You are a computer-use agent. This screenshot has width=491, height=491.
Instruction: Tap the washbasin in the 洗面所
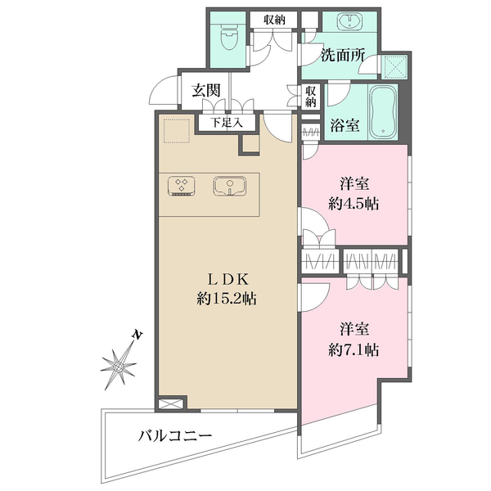pyautogui.click(x=349, y=20)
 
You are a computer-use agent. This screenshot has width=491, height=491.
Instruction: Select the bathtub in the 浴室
pyautogui.click(x=383, y=112)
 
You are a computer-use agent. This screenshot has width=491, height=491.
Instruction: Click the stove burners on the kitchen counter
pyautogui.click(x=182, y=187)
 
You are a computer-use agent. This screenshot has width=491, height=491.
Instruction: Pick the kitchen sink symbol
pyautogui.click(x=229, y=187)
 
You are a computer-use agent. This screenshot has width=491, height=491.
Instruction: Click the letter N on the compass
pyautogui.click(x=137, y=335)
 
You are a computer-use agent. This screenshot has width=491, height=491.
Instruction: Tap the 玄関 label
pyautogui.click(x=206, y=91)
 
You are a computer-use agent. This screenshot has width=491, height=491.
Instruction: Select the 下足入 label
pyautogui.click(x=227, y=123)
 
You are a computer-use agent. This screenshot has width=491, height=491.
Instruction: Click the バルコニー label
pyautogui.click(x=175, y=436)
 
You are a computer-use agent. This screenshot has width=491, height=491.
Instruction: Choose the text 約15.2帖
pyautogui.click(x=227, y=299)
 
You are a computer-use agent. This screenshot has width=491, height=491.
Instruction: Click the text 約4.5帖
pyautogui.click(x=354, y=204)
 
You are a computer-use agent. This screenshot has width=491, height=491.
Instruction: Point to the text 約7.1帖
pyautogui.click(x=354, y=349)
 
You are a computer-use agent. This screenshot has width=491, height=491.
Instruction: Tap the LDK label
pyautogui.click(x=228, y=279)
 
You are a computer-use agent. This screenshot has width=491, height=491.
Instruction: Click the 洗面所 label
pyautogui.click(x=343, y=56)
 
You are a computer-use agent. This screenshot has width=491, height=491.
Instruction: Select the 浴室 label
pyautogui.click(x=345, y=125)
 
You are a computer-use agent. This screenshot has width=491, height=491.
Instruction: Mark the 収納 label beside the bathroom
pyautogui.click(x=311, y=97)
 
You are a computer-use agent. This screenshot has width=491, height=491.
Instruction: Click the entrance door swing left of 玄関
pyautogui.click(x=163, y=91)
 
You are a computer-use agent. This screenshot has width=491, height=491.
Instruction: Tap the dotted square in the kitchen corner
pyautogui.click(x=177, y=131)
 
